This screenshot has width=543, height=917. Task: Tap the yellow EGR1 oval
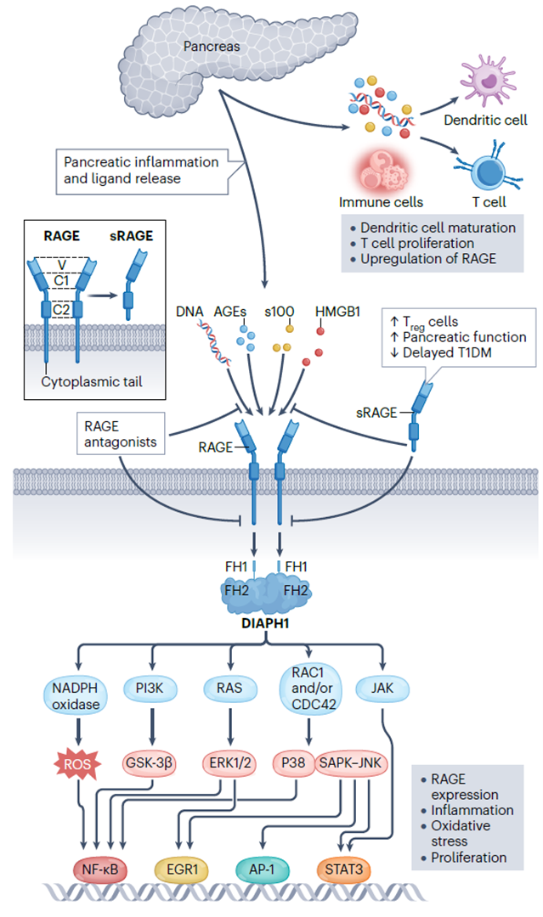pyautogui.click(x=181, y=869)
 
